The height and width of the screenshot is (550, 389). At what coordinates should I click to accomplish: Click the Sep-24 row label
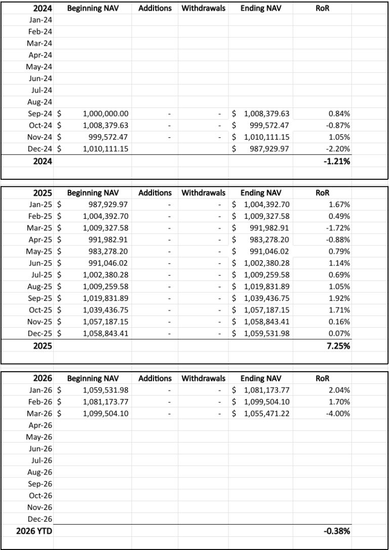[x=41, y=114]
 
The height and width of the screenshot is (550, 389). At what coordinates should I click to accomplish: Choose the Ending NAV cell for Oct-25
[x=266, y=310]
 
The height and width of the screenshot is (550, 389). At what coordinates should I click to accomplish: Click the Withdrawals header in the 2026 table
[x=203, y=378]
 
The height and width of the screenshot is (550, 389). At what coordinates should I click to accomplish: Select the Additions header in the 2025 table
[x=154, y=193]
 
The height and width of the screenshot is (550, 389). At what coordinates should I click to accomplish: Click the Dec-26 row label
[x=41, y=519]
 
